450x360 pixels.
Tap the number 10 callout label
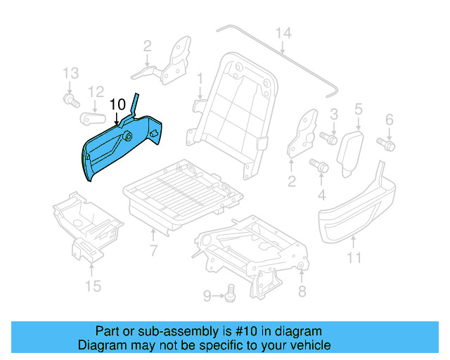pyautogui.click(x=117, y=104)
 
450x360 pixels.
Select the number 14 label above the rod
pyautogui.click(x=283, y=33)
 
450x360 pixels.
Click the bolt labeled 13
pyautogui.click(x=70, y=101)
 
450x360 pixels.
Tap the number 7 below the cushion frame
pyautogui.click(x=153, y=251)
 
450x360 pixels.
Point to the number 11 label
pyautogui.click(x=354, y=258)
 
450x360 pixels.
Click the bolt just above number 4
pyautogui.click(x=317, y=166)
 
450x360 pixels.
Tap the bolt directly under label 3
pyautogui.click(x=328, y=137)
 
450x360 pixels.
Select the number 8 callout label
pyautogui.click(x=302, y=292)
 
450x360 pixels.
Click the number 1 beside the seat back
pyautogui.click(x=200, y=77)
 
